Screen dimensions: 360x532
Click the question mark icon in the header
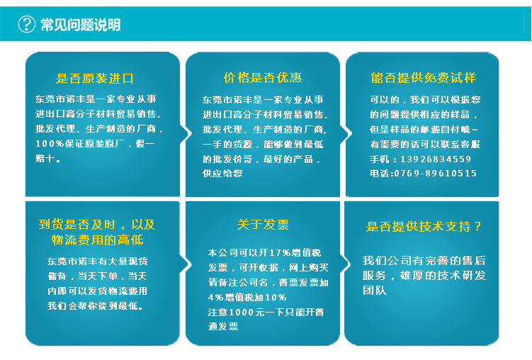tap(26, 25)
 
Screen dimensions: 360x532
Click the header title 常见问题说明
tap(80, 25)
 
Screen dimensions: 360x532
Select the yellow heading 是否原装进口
tap(95, 78)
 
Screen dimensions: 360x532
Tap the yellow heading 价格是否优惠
tap(263, 78)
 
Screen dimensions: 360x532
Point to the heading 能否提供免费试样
tap(423, 78)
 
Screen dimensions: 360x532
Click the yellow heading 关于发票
tap(263, 225)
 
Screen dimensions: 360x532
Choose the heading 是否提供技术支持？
tap(424, 226)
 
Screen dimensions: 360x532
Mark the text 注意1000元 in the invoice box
tap(236, 312)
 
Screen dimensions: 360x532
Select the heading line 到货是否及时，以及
tap(96, 225)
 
